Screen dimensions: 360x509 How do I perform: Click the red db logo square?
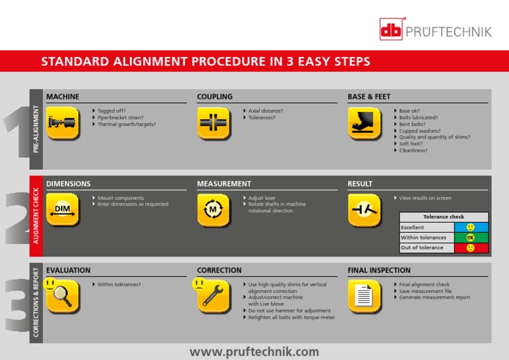pyautogui.click(x=392, y=29)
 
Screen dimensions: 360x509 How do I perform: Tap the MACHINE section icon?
pyautogui.click(x=63, y=123)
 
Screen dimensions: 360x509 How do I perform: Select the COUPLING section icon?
pyautogui.click(x=213, y=123)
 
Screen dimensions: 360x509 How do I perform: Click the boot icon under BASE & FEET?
pyautogui.click(x=364, y=123)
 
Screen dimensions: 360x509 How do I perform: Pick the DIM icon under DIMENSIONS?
pyautogui.click(x=63, y=210)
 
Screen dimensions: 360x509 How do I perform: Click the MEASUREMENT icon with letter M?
pyautogui.click(x=213, y=210)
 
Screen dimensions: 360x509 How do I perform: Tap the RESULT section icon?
pyautogui.click(x=364, y=210)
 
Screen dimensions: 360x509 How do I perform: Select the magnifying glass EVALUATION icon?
pyautogui.click(x=63, y=296)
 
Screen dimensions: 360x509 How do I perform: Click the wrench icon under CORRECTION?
pyautogui.click(x=213, y=296)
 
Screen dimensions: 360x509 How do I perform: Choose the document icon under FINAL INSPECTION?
pyautogui.click(x=364, y=296)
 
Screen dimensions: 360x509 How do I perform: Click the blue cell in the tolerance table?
pyautogui.click(x=471, y=227)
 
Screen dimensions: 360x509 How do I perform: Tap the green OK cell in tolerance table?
pyautogui.click(x=471, y=237)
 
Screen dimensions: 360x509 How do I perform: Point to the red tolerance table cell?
pyautogui.click(x=471, y=247)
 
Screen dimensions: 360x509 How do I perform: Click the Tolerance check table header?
pyautogui.click(x=443, y=217)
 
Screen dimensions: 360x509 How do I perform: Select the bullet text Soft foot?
pyautogui.click(x=410, y=144)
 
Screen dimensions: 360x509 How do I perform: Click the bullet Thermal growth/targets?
pyautogui.click(x=127, y=124)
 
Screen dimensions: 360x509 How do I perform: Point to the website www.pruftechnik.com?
pyautogui.click(x=254, y=351)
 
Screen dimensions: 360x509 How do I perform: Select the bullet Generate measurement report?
pyautogui.click(x=434, y=297)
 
